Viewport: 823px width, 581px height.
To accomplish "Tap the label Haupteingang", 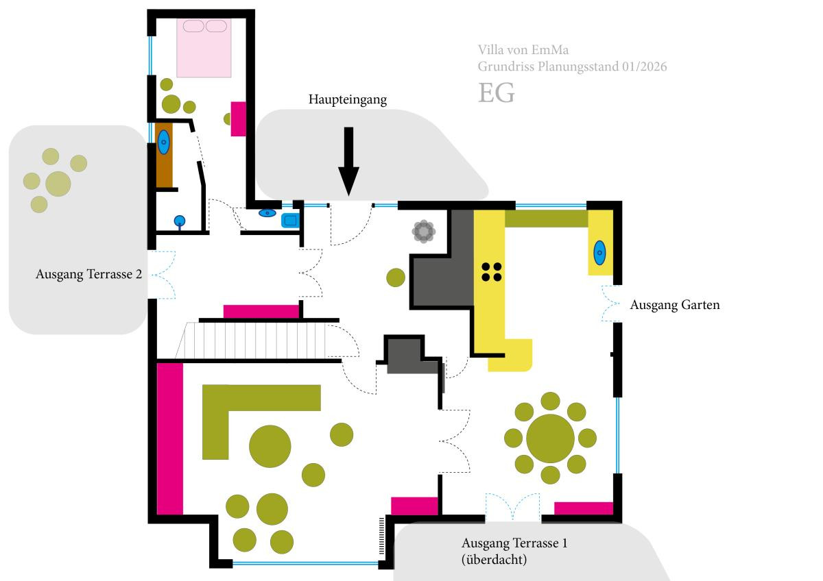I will coord(347,100).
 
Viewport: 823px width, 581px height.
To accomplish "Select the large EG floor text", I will coord(496,93).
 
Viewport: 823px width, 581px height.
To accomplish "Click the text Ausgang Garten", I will coord(675,306).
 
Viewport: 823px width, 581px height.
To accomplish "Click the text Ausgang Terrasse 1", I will coord(514,544).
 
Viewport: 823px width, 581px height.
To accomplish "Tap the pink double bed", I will coord(204,48).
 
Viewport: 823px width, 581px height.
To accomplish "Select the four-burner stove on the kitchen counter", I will coord(491,272).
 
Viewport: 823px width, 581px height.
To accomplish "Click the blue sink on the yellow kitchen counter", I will coord(599,253).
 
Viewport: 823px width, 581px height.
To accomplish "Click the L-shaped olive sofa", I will coord(226,411).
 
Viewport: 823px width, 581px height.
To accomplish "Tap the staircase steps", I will coord(261,341).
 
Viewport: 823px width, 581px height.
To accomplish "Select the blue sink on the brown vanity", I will coord(164,143).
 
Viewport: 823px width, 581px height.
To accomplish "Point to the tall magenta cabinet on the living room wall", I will coord(170,438).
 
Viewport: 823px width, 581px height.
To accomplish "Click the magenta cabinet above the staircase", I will coord(261,312).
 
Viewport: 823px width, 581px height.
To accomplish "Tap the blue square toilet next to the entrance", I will coord(290,220).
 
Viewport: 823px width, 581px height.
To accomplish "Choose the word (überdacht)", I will coord(494,560).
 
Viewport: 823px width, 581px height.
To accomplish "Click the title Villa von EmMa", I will coord(523,50).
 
